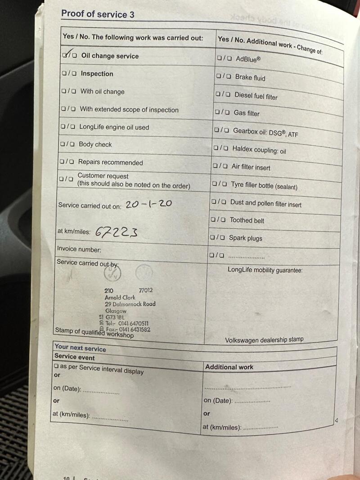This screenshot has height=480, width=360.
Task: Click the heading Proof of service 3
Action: (x=98, y=14)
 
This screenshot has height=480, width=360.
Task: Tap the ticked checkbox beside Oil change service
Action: (x=66, y=55)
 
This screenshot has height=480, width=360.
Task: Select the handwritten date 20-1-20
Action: (x=148, y=204)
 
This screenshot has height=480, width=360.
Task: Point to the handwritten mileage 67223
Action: (x=116, y=231)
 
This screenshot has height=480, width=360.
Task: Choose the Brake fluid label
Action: (x=250, y=77)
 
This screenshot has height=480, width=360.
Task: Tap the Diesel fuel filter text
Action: (x=256, y=96)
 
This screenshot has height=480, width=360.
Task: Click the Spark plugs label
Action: (x=245, y=238)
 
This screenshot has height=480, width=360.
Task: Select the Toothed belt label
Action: (x=247, y=220)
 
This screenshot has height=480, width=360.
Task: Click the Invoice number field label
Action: (x=79, y=249)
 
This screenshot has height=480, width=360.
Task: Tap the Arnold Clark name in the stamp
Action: (x=120, y=297)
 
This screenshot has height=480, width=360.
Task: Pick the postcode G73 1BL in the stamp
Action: (x=116, y=317)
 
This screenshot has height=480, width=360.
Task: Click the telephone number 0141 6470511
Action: (x=133, y=323)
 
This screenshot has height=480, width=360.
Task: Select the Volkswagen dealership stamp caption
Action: (x=264, y=340)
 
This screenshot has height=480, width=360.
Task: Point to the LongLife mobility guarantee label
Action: (x=265, y=270)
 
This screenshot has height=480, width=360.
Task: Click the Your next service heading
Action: (x=80, y=349)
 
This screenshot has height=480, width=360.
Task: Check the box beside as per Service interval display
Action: (x=56, y=367)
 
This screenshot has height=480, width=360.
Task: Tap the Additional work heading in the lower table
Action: (x=229, y=367)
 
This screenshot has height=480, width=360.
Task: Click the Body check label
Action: (x=95, y=145)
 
